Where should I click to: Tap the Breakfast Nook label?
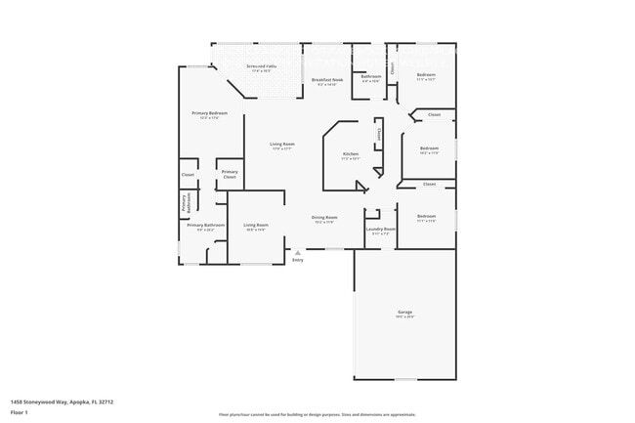tap(326, 81)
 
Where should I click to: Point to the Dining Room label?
tap(324, 219)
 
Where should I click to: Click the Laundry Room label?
tap(379, 232)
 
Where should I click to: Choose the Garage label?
tap(404, 314)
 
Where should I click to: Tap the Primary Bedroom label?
tap(210, 114)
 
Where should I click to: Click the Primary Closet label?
tap(230, 174)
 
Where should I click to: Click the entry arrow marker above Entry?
tap(298, 252)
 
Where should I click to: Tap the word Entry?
tap(298, 260)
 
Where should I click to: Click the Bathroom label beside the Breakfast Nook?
tap(371, 77)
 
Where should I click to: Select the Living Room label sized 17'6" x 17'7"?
tap(282, 146)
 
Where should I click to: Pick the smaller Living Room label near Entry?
tap(256, 227)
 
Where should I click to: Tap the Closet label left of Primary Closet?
tap(188, 175)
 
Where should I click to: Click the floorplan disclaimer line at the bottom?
tap(317, 414)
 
